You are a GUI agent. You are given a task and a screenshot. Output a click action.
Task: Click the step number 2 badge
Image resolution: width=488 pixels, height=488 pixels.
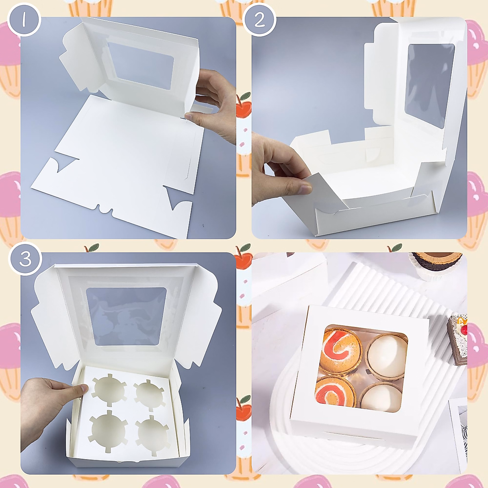click(259, 20)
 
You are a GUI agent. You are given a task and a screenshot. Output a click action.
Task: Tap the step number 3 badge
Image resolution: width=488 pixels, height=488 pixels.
click(25, 259)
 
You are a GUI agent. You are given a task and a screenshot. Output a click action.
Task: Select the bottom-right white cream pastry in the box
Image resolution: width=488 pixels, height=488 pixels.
click(381, 396)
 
